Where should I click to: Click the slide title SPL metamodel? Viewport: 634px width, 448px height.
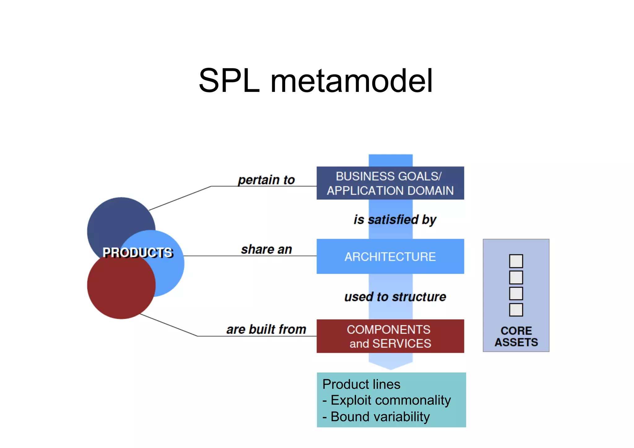click(315, 81)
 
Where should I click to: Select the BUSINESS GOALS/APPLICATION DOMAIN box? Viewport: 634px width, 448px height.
click(390, 183)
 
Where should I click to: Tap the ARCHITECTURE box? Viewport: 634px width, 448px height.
click(390, 257)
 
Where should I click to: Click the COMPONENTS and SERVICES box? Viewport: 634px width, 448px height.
click(390, 336)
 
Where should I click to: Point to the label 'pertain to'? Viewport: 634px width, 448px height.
click(266, 180)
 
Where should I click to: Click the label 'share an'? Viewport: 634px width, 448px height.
click(267, 250)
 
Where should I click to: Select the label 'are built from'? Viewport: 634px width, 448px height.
click(266, 329)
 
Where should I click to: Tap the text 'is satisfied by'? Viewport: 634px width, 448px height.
click(395, 220)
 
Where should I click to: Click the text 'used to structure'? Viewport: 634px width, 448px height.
click(395, 297)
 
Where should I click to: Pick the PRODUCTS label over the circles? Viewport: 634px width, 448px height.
click(138, 253)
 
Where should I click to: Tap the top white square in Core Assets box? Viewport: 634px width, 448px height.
click(516, 261)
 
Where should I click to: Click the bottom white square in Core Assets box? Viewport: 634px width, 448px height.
click(516, 310)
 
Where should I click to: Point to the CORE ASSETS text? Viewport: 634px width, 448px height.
click(516, 337)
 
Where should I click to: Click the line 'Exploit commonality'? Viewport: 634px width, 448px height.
click(390, 400)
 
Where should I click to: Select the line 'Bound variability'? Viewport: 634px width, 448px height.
click(380, 417)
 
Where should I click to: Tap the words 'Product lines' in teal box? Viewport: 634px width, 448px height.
click(361, 384)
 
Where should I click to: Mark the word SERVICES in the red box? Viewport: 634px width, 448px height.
click(402, 344)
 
